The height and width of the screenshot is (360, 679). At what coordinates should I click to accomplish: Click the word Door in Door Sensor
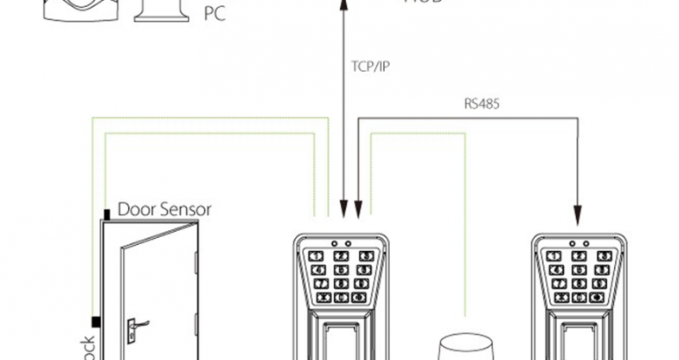pos(136,209)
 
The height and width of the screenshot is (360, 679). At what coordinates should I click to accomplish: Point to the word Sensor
pos(184,209)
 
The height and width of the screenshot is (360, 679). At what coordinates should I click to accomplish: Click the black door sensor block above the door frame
pos(106,214)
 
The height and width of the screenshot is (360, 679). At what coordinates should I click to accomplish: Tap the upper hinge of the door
pos(198,261)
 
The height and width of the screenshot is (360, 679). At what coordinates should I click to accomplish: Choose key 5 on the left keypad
pos(341,269)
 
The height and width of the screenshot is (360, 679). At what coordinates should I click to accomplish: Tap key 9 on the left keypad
pos(367,283)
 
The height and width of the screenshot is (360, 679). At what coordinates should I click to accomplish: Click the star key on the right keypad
pos(554,297)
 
